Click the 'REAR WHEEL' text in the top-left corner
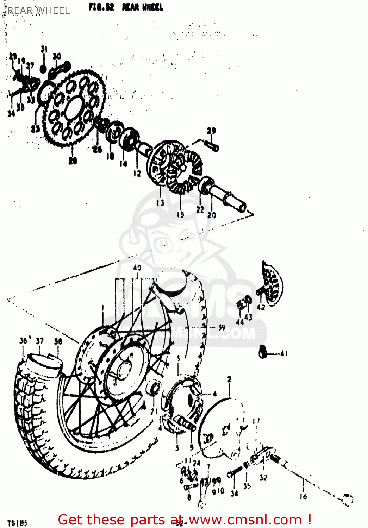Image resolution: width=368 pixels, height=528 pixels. [x=39, y=11]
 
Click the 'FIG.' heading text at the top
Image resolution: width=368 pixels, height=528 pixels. [x=101, y=7]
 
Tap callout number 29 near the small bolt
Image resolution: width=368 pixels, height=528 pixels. [x=211, y=131]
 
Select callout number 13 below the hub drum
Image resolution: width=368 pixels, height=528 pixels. [x=160, y=203]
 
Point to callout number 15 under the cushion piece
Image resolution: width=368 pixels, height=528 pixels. [x=180, y=214]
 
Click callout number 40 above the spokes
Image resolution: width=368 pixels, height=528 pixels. [x=137, y=268]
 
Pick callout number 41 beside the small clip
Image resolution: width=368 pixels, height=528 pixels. [x=284, y=353]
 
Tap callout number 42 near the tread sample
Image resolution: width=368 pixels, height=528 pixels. [x=261, y=307]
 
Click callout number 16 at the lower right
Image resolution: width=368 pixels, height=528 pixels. [x=303, y=497]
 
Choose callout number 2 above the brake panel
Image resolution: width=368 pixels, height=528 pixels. [x=230, y=379]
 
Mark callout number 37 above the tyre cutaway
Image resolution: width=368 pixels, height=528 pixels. [x=40, y=341]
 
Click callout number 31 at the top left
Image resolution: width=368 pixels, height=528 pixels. [x=44, y=49]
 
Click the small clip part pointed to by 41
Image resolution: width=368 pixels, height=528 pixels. [x=262, y=352]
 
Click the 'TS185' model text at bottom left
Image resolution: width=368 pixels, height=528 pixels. [x=17, y=523]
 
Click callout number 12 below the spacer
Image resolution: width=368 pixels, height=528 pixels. [x=137, y=173]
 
